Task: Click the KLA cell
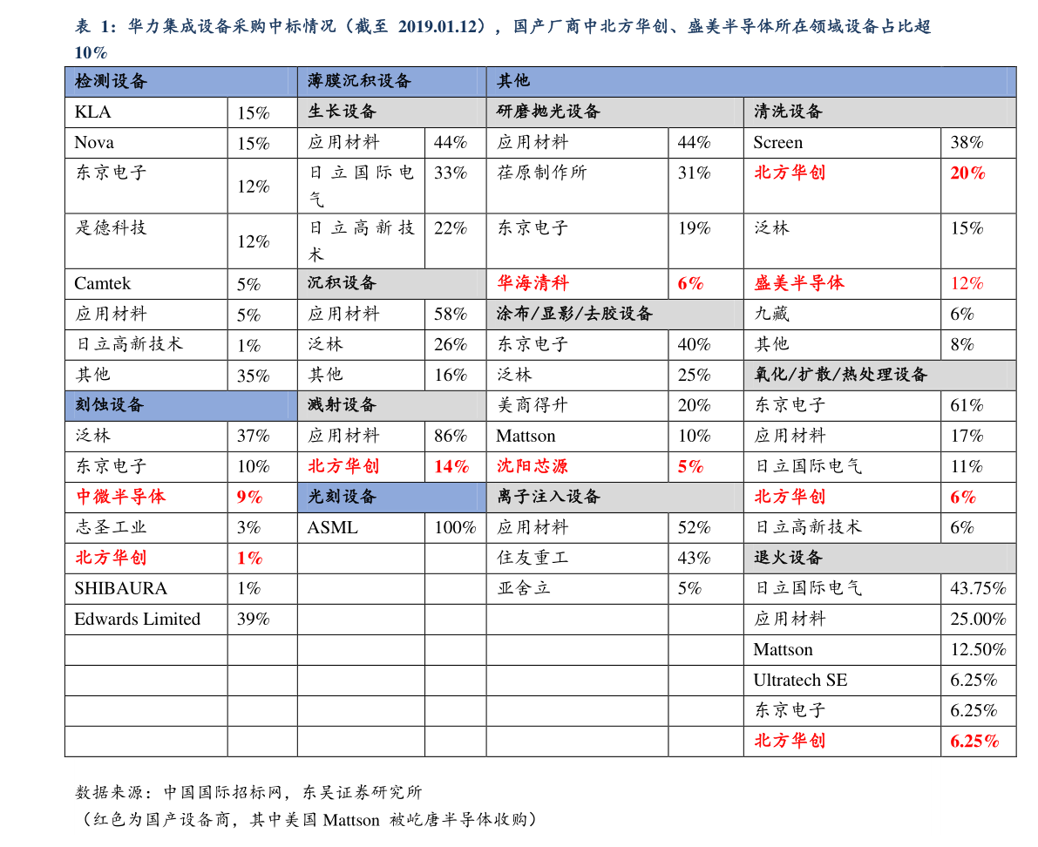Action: point(92,112)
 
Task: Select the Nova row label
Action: point(94,142)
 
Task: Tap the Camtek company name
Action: point(103,283)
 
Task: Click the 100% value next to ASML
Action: point(455,527)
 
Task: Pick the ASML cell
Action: point(332,527)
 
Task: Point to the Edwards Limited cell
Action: point(137,619)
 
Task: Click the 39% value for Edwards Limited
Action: point(254,619)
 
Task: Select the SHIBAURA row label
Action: point(120,588)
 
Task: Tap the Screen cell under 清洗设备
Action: point(777,142)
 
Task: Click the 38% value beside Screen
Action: point(967,142)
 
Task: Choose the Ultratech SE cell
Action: point(800,680)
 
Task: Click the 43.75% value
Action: point(978,588)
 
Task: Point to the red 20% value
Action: point(967,173)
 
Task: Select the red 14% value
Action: point(451,466)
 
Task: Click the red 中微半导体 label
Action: point(120,497)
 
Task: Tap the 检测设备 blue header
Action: point(111,81)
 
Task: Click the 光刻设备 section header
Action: point(342,497)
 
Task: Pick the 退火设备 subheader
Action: point(788,557)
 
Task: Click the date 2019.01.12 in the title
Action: point(438,26)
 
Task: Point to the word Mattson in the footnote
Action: point(351,820)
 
